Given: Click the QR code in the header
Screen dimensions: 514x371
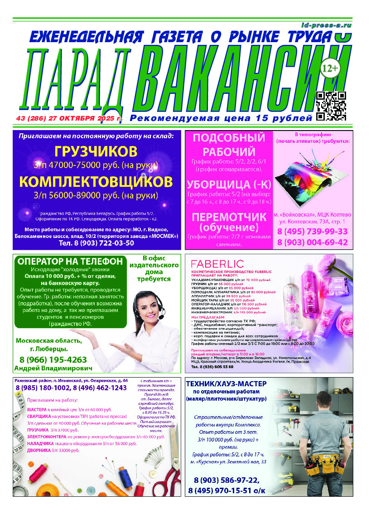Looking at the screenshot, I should click(x=331, y=106).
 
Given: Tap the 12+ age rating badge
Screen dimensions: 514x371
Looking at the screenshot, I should click(x=329, y=68).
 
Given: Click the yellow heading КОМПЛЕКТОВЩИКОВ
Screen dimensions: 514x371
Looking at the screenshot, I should click(x=96, y=182).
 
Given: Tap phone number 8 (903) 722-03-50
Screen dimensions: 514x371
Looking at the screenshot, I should click(x=96, y=243).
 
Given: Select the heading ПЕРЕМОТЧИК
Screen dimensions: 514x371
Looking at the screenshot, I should click(x=229, y=217).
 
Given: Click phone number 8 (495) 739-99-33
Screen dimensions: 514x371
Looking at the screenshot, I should click(x=312, y=232).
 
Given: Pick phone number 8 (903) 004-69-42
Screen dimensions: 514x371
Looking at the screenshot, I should click(x=312, y=242).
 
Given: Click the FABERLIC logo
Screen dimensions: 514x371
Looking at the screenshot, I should click(x=217, y=263).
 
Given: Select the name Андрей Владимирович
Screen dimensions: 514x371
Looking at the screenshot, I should click(x=53, y=369).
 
